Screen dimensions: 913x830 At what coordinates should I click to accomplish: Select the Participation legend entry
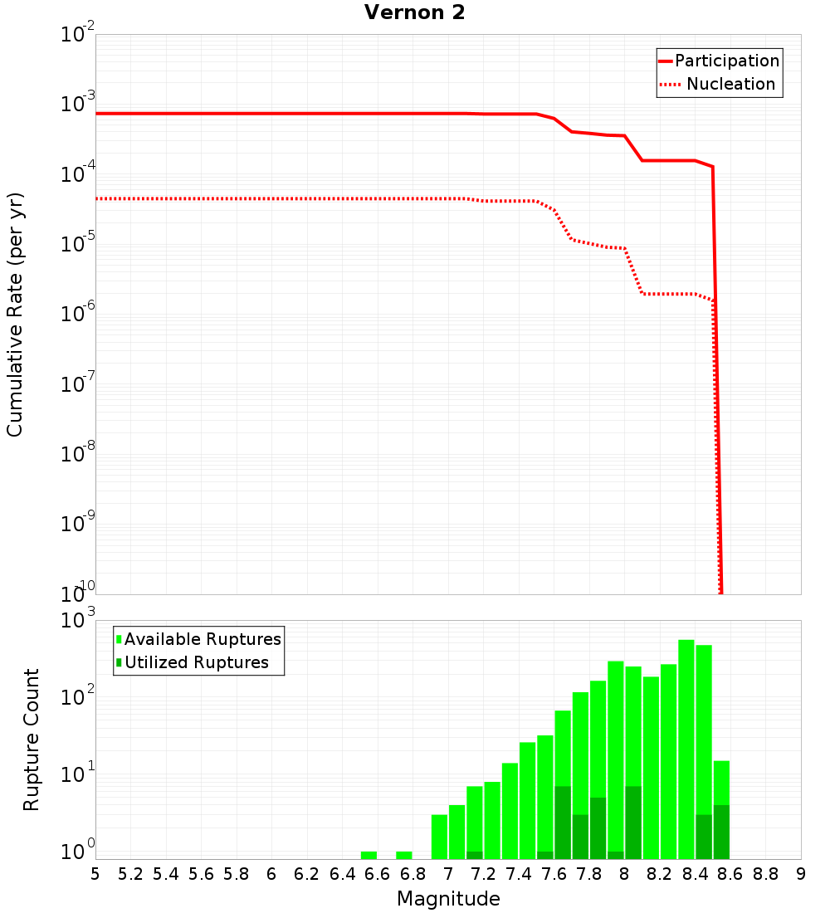tap(719, 61)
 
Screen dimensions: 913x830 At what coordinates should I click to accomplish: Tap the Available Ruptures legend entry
tap(199, 639)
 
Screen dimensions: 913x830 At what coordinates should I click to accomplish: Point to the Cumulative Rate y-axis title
tap(15, 314)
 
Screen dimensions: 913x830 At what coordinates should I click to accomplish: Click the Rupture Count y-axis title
tap(32, 739)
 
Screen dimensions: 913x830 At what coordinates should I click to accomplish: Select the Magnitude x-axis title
tap(448, 899)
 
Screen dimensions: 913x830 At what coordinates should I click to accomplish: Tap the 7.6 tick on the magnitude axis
tap(554, 874)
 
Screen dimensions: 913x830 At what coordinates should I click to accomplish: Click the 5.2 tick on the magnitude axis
tap(130, 874)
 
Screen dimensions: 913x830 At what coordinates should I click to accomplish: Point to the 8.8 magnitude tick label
tap(765, 874)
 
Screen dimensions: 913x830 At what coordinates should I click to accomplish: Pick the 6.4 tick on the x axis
tap(342, 874)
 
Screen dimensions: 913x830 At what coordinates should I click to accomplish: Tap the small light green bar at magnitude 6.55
tap(369, 855)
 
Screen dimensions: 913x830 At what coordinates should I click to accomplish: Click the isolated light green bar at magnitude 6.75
tap(404, 855)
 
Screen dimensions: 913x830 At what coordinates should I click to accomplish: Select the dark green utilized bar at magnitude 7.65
tap(563, 822)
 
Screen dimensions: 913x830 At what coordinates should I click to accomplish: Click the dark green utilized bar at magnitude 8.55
tap(721, 832)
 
